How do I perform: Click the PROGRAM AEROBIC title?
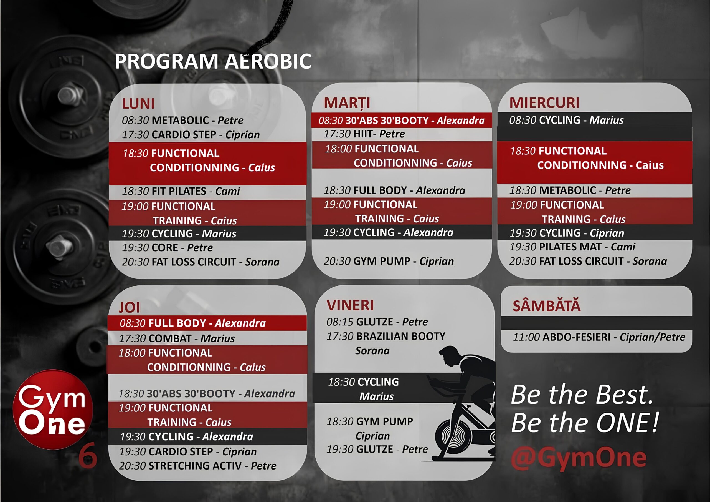pyautogui.click(x=213, y=61)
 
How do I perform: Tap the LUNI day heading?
pyautogui.click(x=138, y=104)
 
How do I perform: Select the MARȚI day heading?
pyautogui.click(x=347, y=103)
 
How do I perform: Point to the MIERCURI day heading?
pyautogui.click(x=544, y=103)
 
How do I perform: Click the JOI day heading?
pyautogui.click(x=129, y=307)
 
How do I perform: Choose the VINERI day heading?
pyautogui.click(x=350, y=305)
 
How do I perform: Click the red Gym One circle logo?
pyautogui.click(x=53, y=409)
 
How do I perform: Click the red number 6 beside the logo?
pyautogui.click(x=88, y=456)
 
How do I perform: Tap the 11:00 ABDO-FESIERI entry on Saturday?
pyautogui.click(x=599, y=337)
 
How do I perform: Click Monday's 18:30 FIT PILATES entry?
pyautogui.click(x=181, y=191)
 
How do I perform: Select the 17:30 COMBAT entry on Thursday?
pyautogui.click(x=177, y=338)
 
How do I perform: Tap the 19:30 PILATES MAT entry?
pyautogui.click(x=572, y=247)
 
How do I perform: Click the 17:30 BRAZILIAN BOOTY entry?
pyautogui.click(x=386, y=343)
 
